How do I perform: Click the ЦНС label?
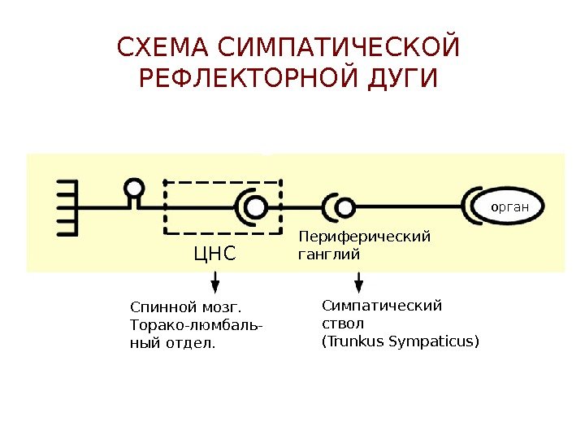click(x=214, y=255)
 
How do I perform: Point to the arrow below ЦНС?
click(x=214, y=282)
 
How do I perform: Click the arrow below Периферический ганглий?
click(x=359, y=282)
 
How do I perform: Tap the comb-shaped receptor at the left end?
click(x=67, y=207)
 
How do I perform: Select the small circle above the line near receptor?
click(x=134, y=189)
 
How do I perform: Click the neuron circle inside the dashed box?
click(x=256, y=207)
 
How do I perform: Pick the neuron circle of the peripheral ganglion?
click(x=344, y=207)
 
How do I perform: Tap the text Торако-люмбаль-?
click(x=196, y=326)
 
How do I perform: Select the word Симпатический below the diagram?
click(x=381, y=306)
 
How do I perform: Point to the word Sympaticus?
click(x=432, y=341)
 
